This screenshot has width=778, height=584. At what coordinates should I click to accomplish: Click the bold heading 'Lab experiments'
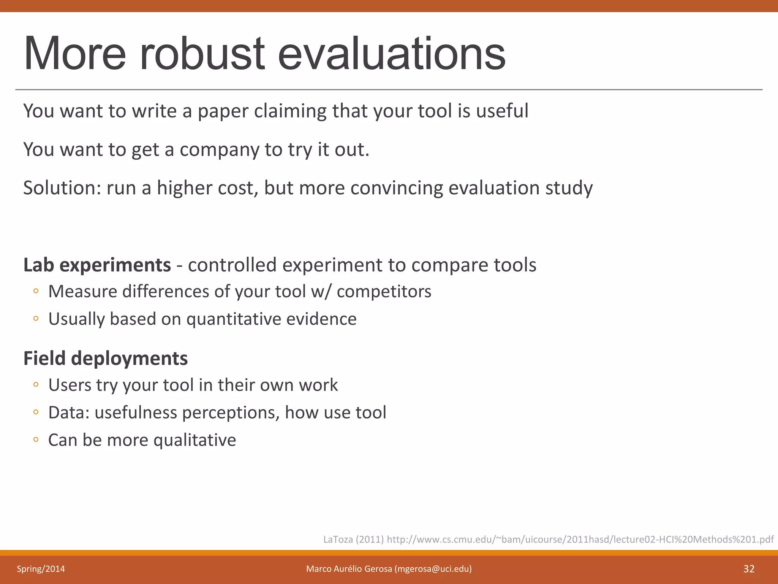(x=97, y=265)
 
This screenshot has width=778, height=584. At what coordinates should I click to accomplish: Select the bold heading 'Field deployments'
(x=106, y=358)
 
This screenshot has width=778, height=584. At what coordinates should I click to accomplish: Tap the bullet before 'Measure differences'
(x=36, y=291)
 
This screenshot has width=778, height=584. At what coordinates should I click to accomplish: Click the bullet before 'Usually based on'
(x=36, y=319)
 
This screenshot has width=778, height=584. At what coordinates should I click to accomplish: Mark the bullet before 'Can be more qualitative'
(x=36, y=440)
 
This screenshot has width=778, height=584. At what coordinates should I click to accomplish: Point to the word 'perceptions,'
(x=231, y=413)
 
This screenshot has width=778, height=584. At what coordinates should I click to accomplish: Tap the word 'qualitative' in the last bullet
(x=194, y=440)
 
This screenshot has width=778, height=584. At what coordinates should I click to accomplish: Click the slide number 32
(x=749, y=569)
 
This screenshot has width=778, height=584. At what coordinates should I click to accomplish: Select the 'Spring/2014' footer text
(x=41, y=569)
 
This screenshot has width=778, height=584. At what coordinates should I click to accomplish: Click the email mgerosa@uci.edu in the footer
(x=433, y=569)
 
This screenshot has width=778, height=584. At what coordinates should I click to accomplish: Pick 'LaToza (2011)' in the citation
(x=353, y=540)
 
